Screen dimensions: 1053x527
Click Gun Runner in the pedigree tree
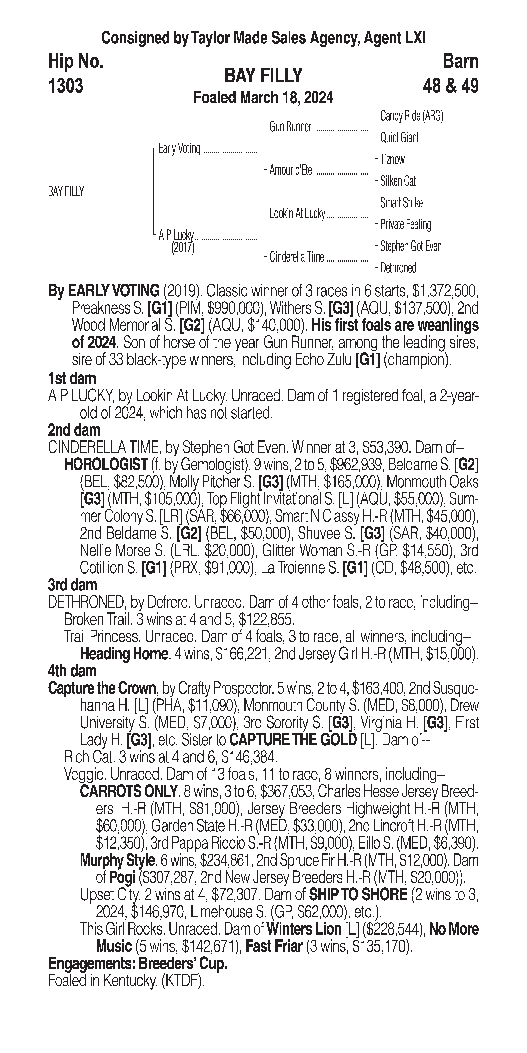[x=290, y=127]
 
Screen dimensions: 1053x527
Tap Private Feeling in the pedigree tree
[x=405, y=224]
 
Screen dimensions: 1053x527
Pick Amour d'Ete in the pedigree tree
[x=290, y=170]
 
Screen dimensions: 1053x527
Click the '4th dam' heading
[x=72, y=671]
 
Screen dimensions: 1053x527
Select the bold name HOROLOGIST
[x=106, y=464]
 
